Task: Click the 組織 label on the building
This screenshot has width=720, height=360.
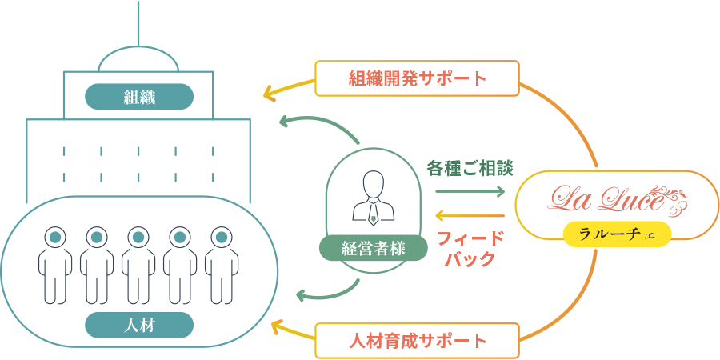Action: click(139, 97)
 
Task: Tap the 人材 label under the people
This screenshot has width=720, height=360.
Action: click(139, 324)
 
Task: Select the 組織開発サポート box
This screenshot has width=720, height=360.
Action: click(418, 79)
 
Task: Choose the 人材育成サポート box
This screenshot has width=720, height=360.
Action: click(418, 341)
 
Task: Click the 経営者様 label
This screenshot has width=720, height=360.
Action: click(374, 248)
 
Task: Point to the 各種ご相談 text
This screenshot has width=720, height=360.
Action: click(470, 169)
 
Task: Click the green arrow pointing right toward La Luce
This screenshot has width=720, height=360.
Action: click(470, 192)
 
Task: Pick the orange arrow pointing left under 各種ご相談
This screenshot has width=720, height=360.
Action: click(470, 215)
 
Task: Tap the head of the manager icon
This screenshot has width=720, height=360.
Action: click(374, 183)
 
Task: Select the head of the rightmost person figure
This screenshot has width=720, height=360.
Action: click(222, 237)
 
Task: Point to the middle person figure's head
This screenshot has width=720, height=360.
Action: click(138, 237)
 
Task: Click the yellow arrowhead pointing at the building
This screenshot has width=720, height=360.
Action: click(269, 94)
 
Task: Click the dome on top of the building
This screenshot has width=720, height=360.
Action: click(138, 59)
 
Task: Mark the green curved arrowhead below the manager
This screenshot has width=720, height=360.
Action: click(302, 297)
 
